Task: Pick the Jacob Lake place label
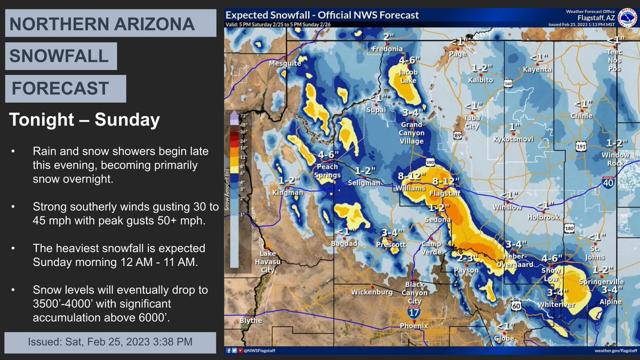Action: (408, 76)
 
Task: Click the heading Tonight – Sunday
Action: (84, 121)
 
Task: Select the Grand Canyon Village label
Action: (412, 133)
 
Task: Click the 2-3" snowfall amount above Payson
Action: (468, 259)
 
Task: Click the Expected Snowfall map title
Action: (322, 15)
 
